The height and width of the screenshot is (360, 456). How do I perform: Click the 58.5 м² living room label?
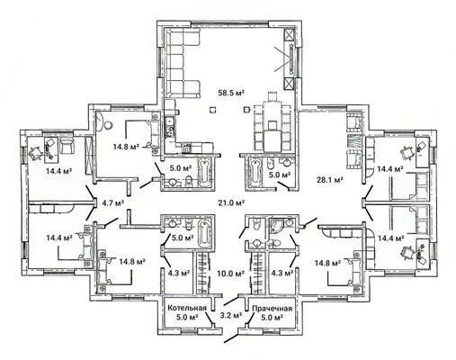tap(231, 93)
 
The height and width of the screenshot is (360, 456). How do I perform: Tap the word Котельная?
tap(187, 308)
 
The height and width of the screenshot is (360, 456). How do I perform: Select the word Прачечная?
tap(272, 309)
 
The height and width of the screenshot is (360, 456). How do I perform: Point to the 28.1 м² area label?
tap(330, 180)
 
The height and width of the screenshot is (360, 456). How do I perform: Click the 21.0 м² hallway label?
tap(232, 202)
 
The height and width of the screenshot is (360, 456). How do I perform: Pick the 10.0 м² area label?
tap(230, 274)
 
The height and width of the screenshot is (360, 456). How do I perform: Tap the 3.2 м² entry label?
tap(231, 315)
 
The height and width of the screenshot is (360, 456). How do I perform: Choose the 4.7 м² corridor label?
tap(113, 202)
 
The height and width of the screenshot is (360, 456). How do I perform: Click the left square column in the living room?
tap(213, 110)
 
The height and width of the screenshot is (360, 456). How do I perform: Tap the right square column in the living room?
tap(246, 110)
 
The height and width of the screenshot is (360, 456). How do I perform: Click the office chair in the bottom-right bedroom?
tap(407, 253)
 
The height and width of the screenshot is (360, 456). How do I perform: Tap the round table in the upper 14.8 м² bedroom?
tap(108, 124)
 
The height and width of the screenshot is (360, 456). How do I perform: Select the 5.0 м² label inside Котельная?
tap(187, 317)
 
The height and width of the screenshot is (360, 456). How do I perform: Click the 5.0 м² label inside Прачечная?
tap(272, 317)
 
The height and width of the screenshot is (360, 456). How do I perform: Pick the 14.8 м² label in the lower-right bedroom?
tap(327, 263)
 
